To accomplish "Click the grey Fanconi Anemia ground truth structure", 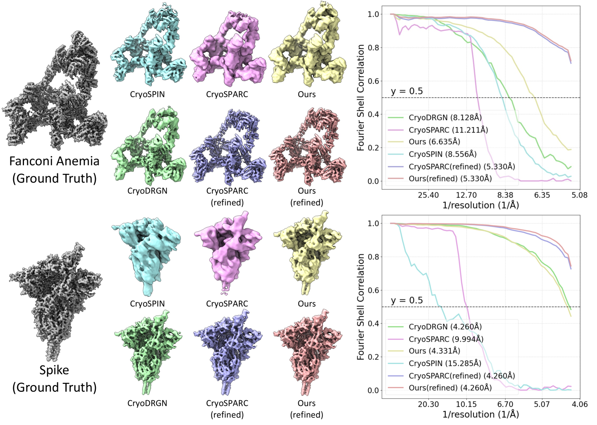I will (56, 92).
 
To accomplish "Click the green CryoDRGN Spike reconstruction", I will (148, 352).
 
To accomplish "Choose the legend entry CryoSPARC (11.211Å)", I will (448, 130).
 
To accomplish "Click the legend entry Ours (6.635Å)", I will (434, 142).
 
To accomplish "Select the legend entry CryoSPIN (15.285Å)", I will (445, 363).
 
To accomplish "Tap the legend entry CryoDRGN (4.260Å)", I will (445, 327).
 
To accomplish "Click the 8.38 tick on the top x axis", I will (505, 195).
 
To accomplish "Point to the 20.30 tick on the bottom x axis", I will (428, 404).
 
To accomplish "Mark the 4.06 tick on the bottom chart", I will (579, 404).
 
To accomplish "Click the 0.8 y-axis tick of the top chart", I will (373, 48).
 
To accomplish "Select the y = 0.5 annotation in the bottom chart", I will (407, 300).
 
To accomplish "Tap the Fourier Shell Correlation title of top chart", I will (361, 97).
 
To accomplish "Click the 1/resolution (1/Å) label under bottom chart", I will (480, 415).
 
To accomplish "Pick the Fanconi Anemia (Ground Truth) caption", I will (54, 169).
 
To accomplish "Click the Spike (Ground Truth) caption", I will (54, 379).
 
